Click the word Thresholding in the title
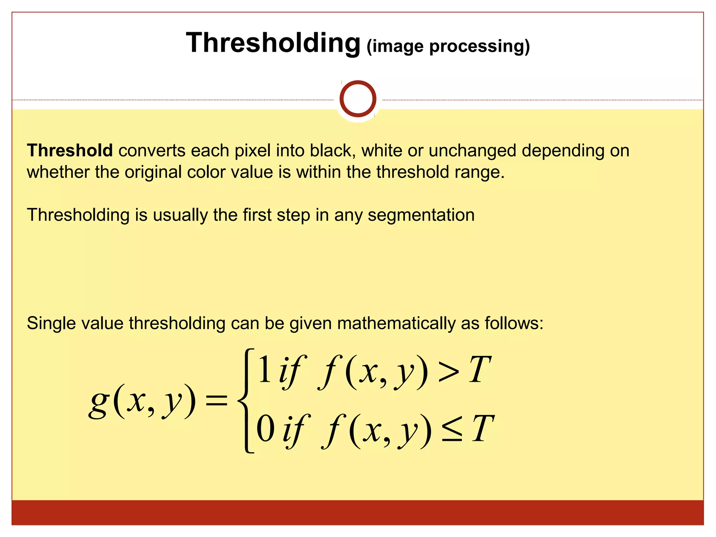click(273, 43)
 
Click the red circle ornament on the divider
click(358, 99)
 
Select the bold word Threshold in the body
click(70, 151)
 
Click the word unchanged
click(472, 151)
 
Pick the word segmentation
click(421, 215)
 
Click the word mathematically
click(396, 323)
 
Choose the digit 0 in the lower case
click(265, 430)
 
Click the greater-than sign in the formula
click(448, 373)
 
